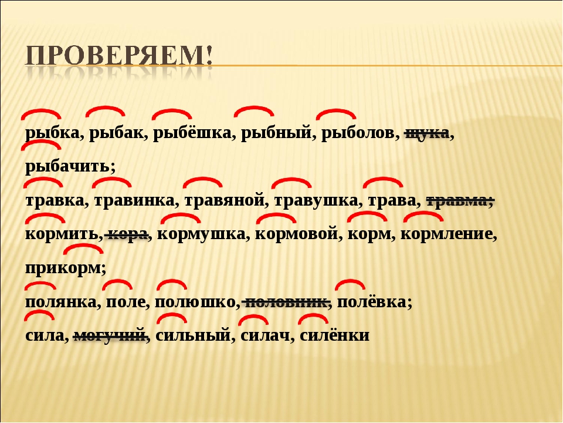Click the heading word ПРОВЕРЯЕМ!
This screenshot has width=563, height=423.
(119, 56)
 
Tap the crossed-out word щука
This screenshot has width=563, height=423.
(427, 133)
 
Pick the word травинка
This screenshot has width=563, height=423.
(134, 201)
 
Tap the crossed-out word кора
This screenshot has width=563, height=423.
(127, 234)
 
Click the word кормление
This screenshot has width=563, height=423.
(446, 234)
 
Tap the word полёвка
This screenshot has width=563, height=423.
(372, 301)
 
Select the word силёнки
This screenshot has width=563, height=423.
(334, 334)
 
